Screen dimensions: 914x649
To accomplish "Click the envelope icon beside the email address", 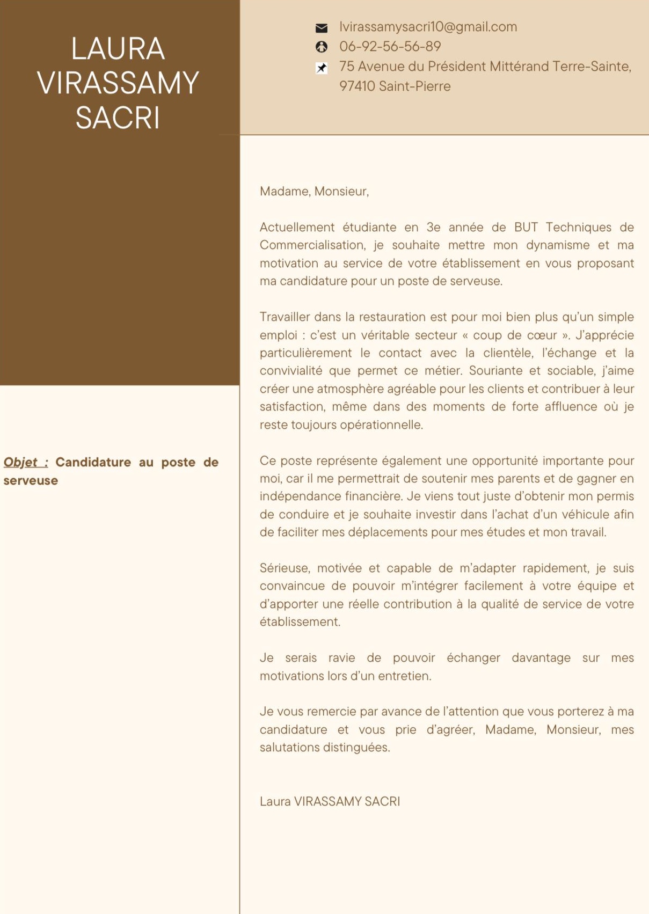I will [x=322, y=28].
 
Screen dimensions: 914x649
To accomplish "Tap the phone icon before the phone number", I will [x=322, y=47].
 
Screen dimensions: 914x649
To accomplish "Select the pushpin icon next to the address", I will [x=322, y=68].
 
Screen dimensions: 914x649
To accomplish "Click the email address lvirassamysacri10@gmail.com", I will [x=428, y=27].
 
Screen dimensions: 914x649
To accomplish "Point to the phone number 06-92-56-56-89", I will [x=390, y=47].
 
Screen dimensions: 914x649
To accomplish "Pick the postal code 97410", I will [x=357, y=86].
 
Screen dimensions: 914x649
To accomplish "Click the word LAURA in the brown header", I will [x=118, y=49].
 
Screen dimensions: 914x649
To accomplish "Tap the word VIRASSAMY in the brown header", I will [x=118, y=83].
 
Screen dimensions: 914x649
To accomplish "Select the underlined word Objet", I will [x=21, y=462].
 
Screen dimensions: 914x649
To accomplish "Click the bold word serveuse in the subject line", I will [x=31, y=480].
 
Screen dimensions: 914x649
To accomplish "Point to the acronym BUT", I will [x=526, y=227].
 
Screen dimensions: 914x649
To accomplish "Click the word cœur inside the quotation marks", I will [x=542, y=335].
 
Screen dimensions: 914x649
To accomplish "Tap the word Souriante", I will [x=495, y=371].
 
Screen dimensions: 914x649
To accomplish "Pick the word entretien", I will [x=404, y=676].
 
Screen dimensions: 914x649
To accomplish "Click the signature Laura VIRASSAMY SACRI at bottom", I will [x=330, y=801].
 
